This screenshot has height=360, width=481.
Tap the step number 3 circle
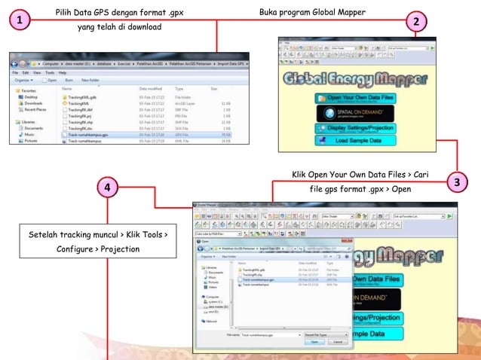(457, 183)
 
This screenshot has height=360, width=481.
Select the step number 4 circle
(108, 188)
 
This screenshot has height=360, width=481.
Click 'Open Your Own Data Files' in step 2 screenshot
(354, 98)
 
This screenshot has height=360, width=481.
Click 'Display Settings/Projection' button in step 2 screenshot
(355, 128)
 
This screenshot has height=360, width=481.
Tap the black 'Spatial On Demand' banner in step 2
(354, 113)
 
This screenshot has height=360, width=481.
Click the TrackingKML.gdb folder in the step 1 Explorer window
(82, 97)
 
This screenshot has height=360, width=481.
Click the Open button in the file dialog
(314, 341)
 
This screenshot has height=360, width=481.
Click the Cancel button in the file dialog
(339, 341)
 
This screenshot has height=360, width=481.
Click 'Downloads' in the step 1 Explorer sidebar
(33, 102)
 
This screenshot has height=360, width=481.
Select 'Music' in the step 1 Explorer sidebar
(29, 134)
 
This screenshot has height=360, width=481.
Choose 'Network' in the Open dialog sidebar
(212, 320)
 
